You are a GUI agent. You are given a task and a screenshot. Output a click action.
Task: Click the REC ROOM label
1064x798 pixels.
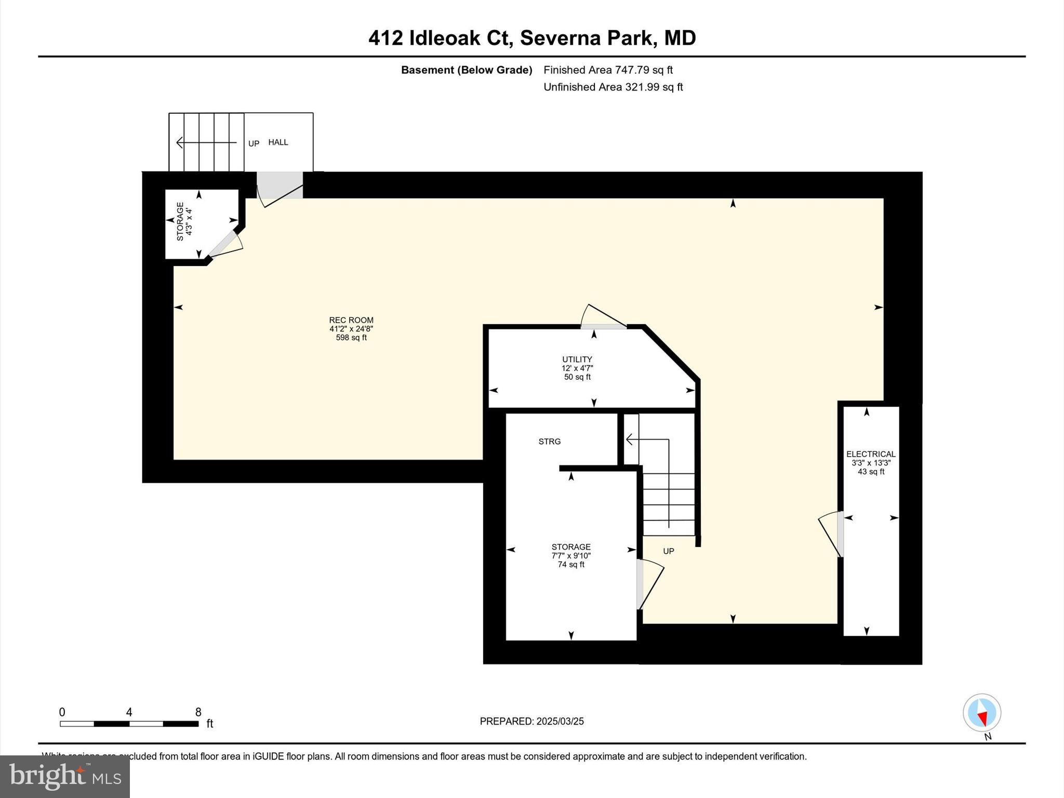(351, 320)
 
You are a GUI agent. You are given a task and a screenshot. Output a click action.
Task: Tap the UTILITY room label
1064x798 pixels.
(577, 359)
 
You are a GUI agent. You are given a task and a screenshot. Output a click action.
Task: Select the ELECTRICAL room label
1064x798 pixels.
(871, 454)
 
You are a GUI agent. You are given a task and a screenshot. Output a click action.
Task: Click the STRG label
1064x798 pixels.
(549, 442)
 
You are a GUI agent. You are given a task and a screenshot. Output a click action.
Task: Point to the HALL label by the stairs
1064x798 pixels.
(278, 142)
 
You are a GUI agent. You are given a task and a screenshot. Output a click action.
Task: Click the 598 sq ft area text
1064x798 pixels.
(351, 338)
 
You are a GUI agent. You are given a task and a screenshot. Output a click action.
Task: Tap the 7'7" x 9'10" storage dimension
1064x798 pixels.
(571, 555)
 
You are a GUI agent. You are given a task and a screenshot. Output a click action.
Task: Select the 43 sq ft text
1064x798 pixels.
(871, 472)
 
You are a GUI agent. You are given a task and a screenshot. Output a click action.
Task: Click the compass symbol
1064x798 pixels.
(981, 712)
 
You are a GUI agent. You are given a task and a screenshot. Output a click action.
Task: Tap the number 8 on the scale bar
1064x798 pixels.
(198, 712)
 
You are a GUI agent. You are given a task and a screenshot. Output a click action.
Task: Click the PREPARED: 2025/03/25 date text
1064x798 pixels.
(531, 721)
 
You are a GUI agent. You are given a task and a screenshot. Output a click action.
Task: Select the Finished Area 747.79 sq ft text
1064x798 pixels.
(608, 70)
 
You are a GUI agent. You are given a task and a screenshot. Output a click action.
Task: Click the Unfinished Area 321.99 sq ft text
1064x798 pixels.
(613, 87)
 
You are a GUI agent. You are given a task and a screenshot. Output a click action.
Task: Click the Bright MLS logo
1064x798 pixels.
(65, 776)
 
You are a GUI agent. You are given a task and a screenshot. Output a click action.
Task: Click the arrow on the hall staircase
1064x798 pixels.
(206, 142)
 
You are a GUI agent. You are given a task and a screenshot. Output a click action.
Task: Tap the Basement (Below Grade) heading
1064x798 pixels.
(467, 70)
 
